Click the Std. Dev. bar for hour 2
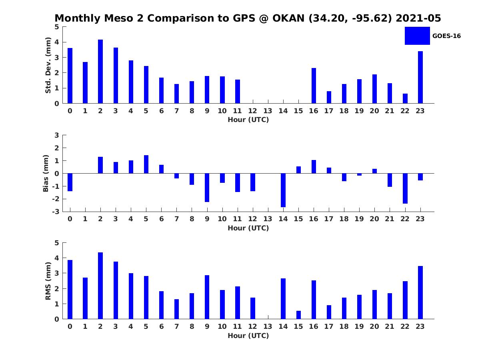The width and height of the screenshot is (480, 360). point(100,72)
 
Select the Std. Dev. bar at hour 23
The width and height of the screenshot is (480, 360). point(420,77)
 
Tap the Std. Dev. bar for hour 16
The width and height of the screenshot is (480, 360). point(314,86)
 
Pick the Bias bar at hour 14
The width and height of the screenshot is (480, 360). point(283,190)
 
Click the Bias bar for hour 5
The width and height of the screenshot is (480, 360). point(146,164)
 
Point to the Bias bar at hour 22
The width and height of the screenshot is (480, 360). point(405,188)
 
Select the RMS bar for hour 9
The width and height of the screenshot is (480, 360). point(207,297)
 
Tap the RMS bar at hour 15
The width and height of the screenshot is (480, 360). point(298,315)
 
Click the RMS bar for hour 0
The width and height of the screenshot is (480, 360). point(70,289)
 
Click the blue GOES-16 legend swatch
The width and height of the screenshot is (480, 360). point(417,36)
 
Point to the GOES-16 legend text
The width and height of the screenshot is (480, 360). point(446,36)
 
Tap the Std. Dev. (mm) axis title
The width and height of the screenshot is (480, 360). point(48,65)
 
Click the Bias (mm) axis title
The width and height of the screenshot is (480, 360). point(46,174)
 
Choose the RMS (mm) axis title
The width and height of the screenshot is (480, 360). point(48,281)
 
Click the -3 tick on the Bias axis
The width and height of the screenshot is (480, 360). point(56,212)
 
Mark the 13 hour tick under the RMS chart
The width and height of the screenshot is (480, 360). point(268,326)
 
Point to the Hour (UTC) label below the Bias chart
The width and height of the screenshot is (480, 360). point(248,228)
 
